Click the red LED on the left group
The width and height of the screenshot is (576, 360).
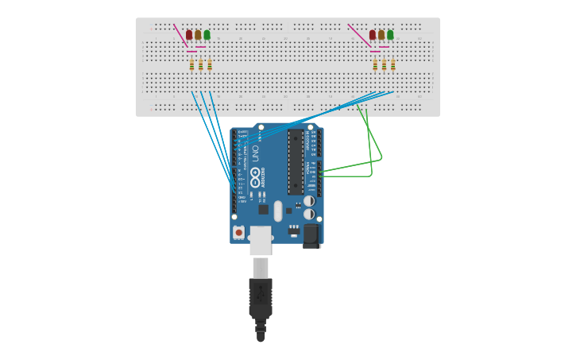point(189,34)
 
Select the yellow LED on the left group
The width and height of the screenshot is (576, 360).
point(198,34)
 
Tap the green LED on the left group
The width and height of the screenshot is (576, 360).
point(207,34)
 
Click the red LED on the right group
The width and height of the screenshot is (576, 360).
point(372,34)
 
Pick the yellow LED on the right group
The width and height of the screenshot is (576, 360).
point(381,34)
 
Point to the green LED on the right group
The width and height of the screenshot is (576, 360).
point(390,34)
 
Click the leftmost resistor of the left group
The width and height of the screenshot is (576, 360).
point(191,65)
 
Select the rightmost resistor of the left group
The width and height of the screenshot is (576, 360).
point(210,65)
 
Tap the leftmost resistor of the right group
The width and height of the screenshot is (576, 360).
point(375,65)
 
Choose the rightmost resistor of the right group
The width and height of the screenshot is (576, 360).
point(393,65)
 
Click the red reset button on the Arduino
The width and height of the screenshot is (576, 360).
point(238,233)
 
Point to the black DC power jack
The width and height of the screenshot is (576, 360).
point(311,235)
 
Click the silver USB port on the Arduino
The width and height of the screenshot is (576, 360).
point(261,240)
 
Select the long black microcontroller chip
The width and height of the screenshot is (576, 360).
point(296,162)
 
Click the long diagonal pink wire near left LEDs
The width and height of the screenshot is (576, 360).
point(180,36)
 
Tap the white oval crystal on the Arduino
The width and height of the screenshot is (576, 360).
point(278,211)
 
